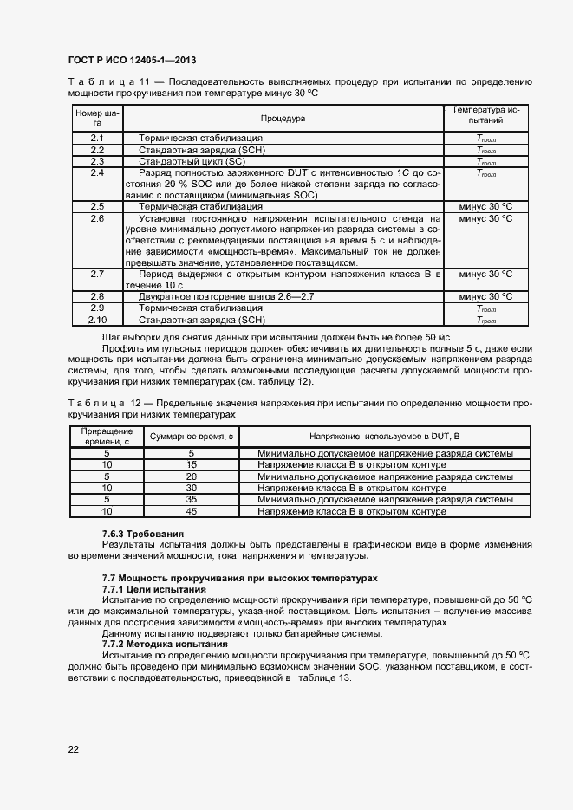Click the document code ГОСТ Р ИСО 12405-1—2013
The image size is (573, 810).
(x=131, y=60)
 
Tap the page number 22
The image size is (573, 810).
(x=73, y=748)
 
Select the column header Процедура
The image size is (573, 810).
(x=282, y=118)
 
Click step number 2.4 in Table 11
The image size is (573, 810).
(x=97, y=172)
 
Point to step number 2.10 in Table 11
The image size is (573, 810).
(x=97, y=320)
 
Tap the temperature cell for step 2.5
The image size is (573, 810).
(x=485, y=207)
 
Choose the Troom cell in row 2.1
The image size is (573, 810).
(x=485, y=139)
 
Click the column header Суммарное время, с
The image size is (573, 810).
(x=192, y=437)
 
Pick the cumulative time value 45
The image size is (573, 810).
(x=192, y=512)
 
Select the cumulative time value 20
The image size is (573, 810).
(x=192, y=476)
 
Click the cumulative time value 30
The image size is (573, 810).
(x=192, y=489)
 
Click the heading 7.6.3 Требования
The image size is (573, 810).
(x=143, y=533)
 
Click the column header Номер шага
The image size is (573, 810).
(x=97, y=118)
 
